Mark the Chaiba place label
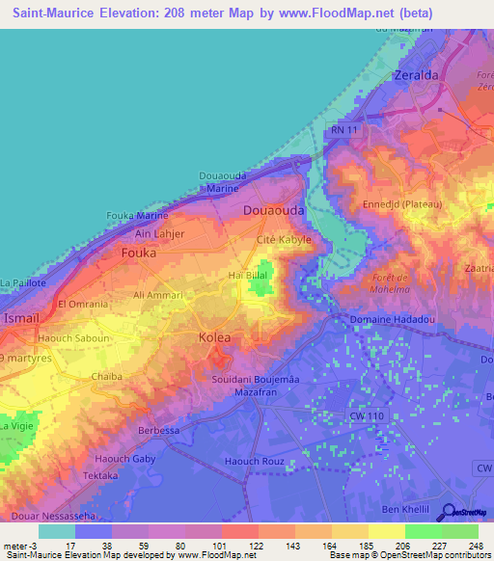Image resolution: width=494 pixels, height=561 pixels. [106, 377]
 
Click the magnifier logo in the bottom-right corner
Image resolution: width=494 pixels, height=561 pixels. [450, 513]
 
